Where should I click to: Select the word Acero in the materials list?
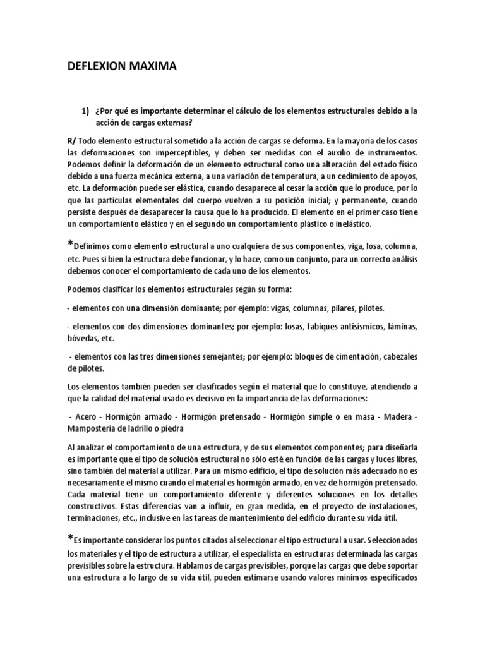[x=85, y=417]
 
